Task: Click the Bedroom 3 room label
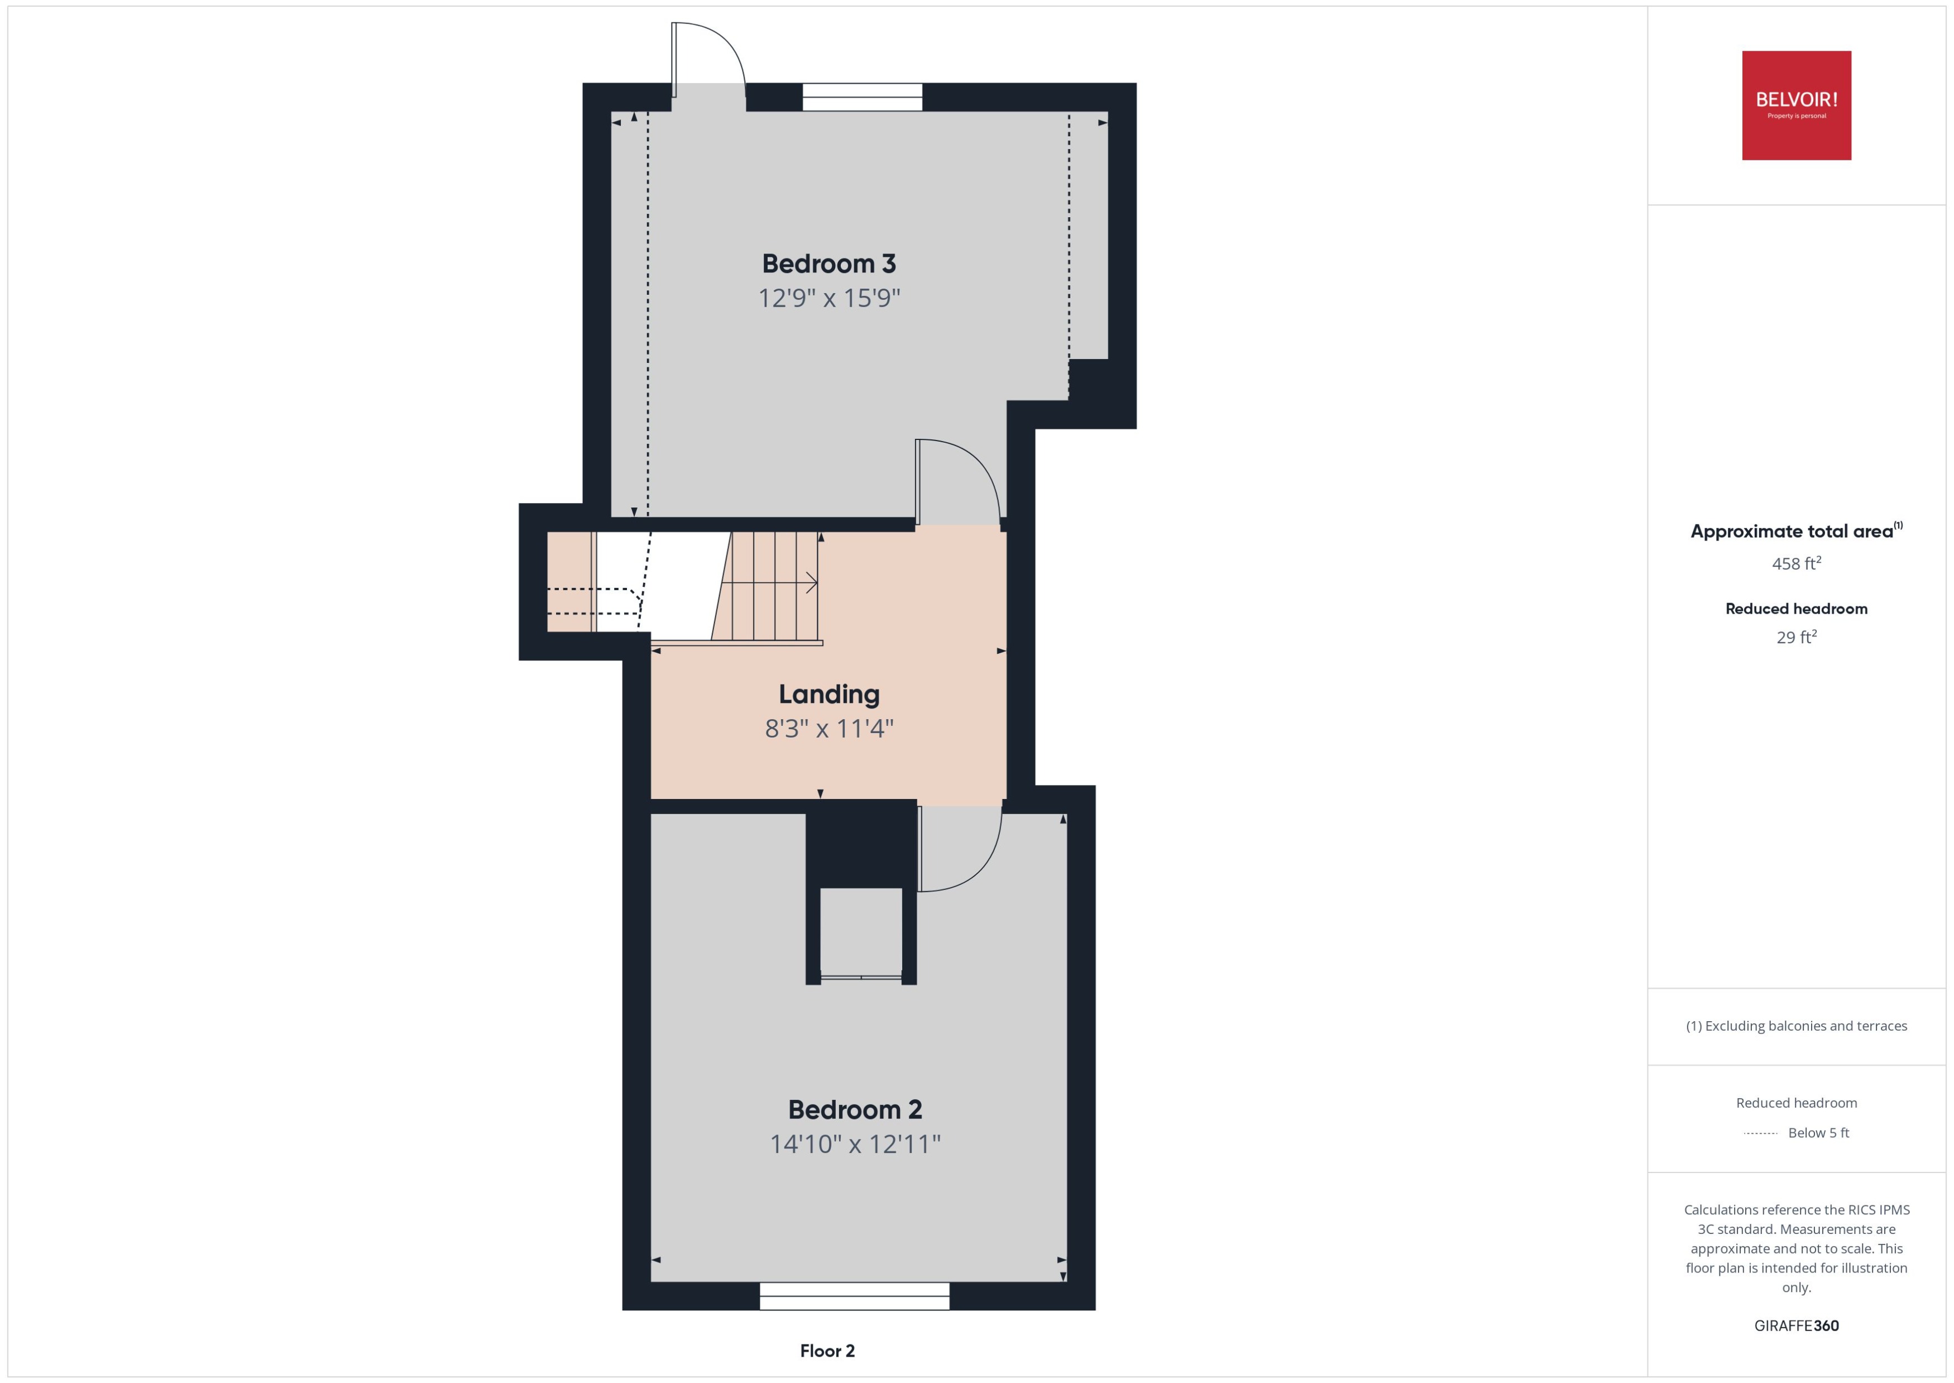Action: point(828,264)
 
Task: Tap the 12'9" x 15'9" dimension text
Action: point(828,298)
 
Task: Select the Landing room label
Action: point(828,694)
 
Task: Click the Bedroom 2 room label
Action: point(855,1109)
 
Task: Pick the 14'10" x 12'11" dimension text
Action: point(855,1143)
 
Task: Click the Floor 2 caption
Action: point(827,1351)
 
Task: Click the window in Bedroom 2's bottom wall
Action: point(854,1296)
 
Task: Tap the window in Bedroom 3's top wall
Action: point(861,97)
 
